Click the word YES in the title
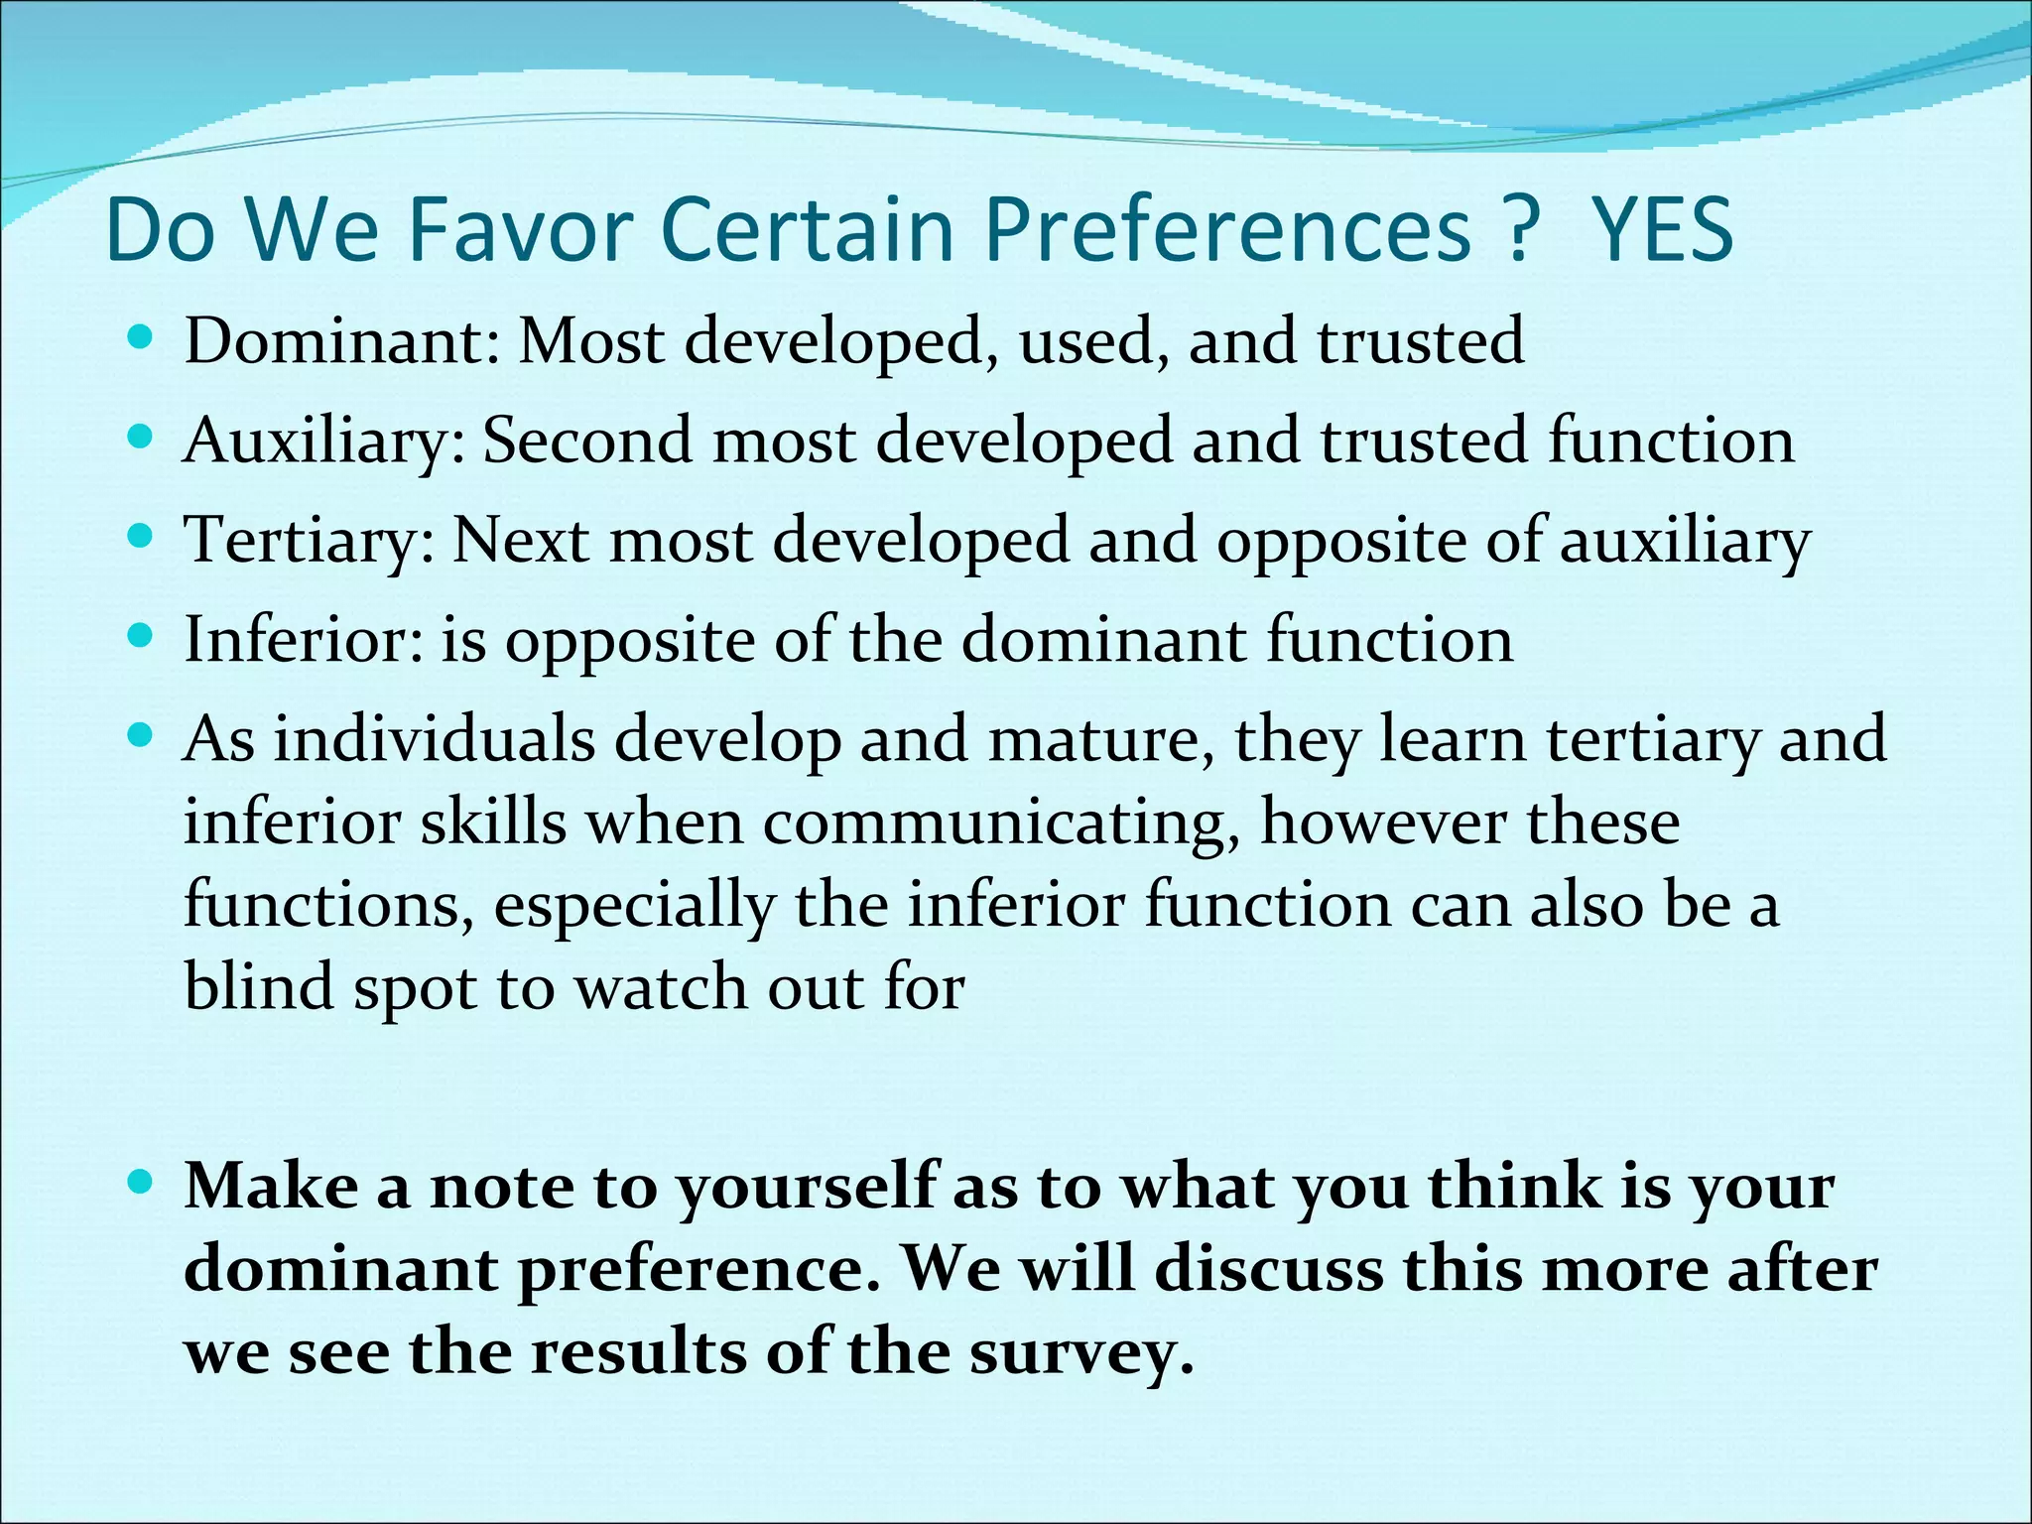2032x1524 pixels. point(1662,230)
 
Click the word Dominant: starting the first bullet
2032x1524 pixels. point(342,340)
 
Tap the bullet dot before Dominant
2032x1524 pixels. point(141,337)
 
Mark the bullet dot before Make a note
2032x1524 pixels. point(141,1182)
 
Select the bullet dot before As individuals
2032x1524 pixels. point(141,736)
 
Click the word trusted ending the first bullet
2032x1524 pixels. point(1420,340)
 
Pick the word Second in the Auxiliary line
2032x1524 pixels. point(586,440)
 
